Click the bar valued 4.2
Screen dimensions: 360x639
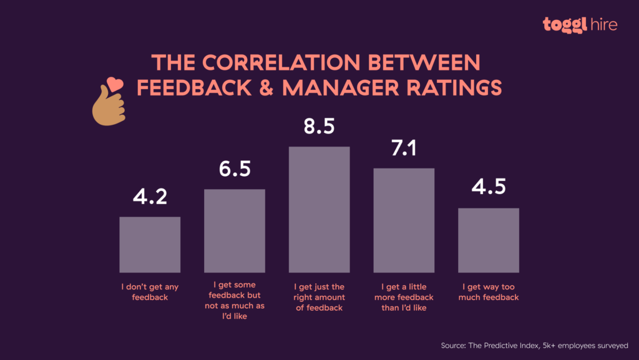point(150,245)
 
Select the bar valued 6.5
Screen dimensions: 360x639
point(235,230)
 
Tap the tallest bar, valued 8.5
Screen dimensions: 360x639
point(319,210)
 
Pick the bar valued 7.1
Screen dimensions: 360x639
point(404,220)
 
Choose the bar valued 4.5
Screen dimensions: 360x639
point(489,240)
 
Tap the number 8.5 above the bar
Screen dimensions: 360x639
point(319,126)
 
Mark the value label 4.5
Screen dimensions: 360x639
point(489,187)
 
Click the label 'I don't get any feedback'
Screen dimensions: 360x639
point(150,292)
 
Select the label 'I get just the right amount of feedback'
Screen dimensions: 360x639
point(319,297)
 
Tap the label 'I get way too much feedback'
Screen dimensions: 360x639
point(489,292)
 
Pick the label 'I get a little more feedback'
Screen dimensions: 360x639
point(404,297)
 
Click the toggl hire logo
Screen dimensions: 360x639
point(580,24)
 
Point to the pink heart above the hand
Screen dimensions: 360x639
point(114,83)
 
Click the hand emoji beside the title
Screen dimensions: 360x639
point(107,106)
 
